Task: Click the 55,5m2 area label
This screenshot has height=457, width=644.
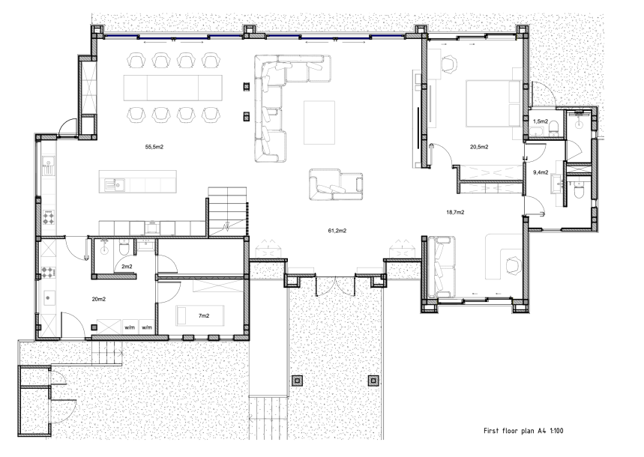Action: (154, 147)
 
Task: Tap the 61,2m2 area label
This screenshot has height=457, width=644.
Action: (336, 230)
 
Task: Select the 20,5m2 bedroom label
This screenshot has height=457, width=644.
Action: (479, 146)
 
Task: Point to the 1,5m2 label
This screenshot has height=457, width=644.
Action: (540, 121)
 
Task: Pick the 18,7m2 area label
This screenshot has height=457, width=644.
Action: (455, 213)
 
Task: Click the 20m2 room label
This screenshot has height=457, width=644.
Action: (98, 299)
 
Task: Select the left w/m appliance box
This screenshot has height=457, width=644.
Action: (129, 327)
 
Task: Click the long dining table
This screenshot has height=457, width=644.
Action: (172, 86)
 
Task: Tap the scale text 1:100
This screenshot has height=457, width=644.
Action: (573, 432)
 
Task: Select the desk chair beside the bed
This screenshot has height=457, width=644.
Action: (449, 65)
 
